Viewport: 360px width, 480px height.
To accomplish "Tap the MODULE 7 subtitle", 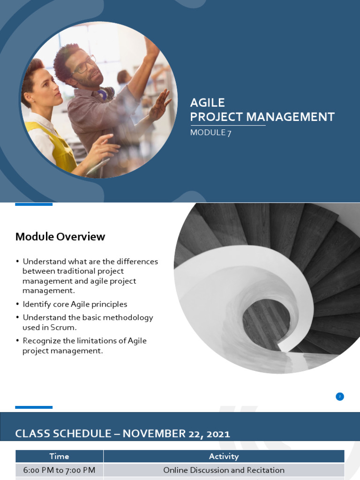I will point(210,133).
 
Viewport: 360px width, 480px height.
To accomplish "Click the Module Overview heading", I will point(60,237).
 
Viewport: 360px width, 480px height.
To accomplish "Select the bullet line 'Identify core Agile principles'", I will point(75,304).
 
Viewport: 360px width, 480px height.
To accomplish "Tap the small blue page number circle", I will point(340,397).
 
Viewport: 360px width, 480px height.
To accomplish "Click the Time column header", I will point(59,456).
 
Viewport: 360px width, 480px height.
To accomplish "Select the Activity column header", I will point(224,456).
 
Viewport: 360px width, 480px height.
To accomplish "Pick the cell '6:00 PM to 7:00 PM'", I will point(59,470).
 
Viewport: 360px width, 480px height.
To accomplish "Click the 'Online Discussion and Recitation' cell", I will point(224,470).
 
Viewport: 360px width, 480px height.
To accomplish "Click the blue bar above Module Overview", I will point(34,204).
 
